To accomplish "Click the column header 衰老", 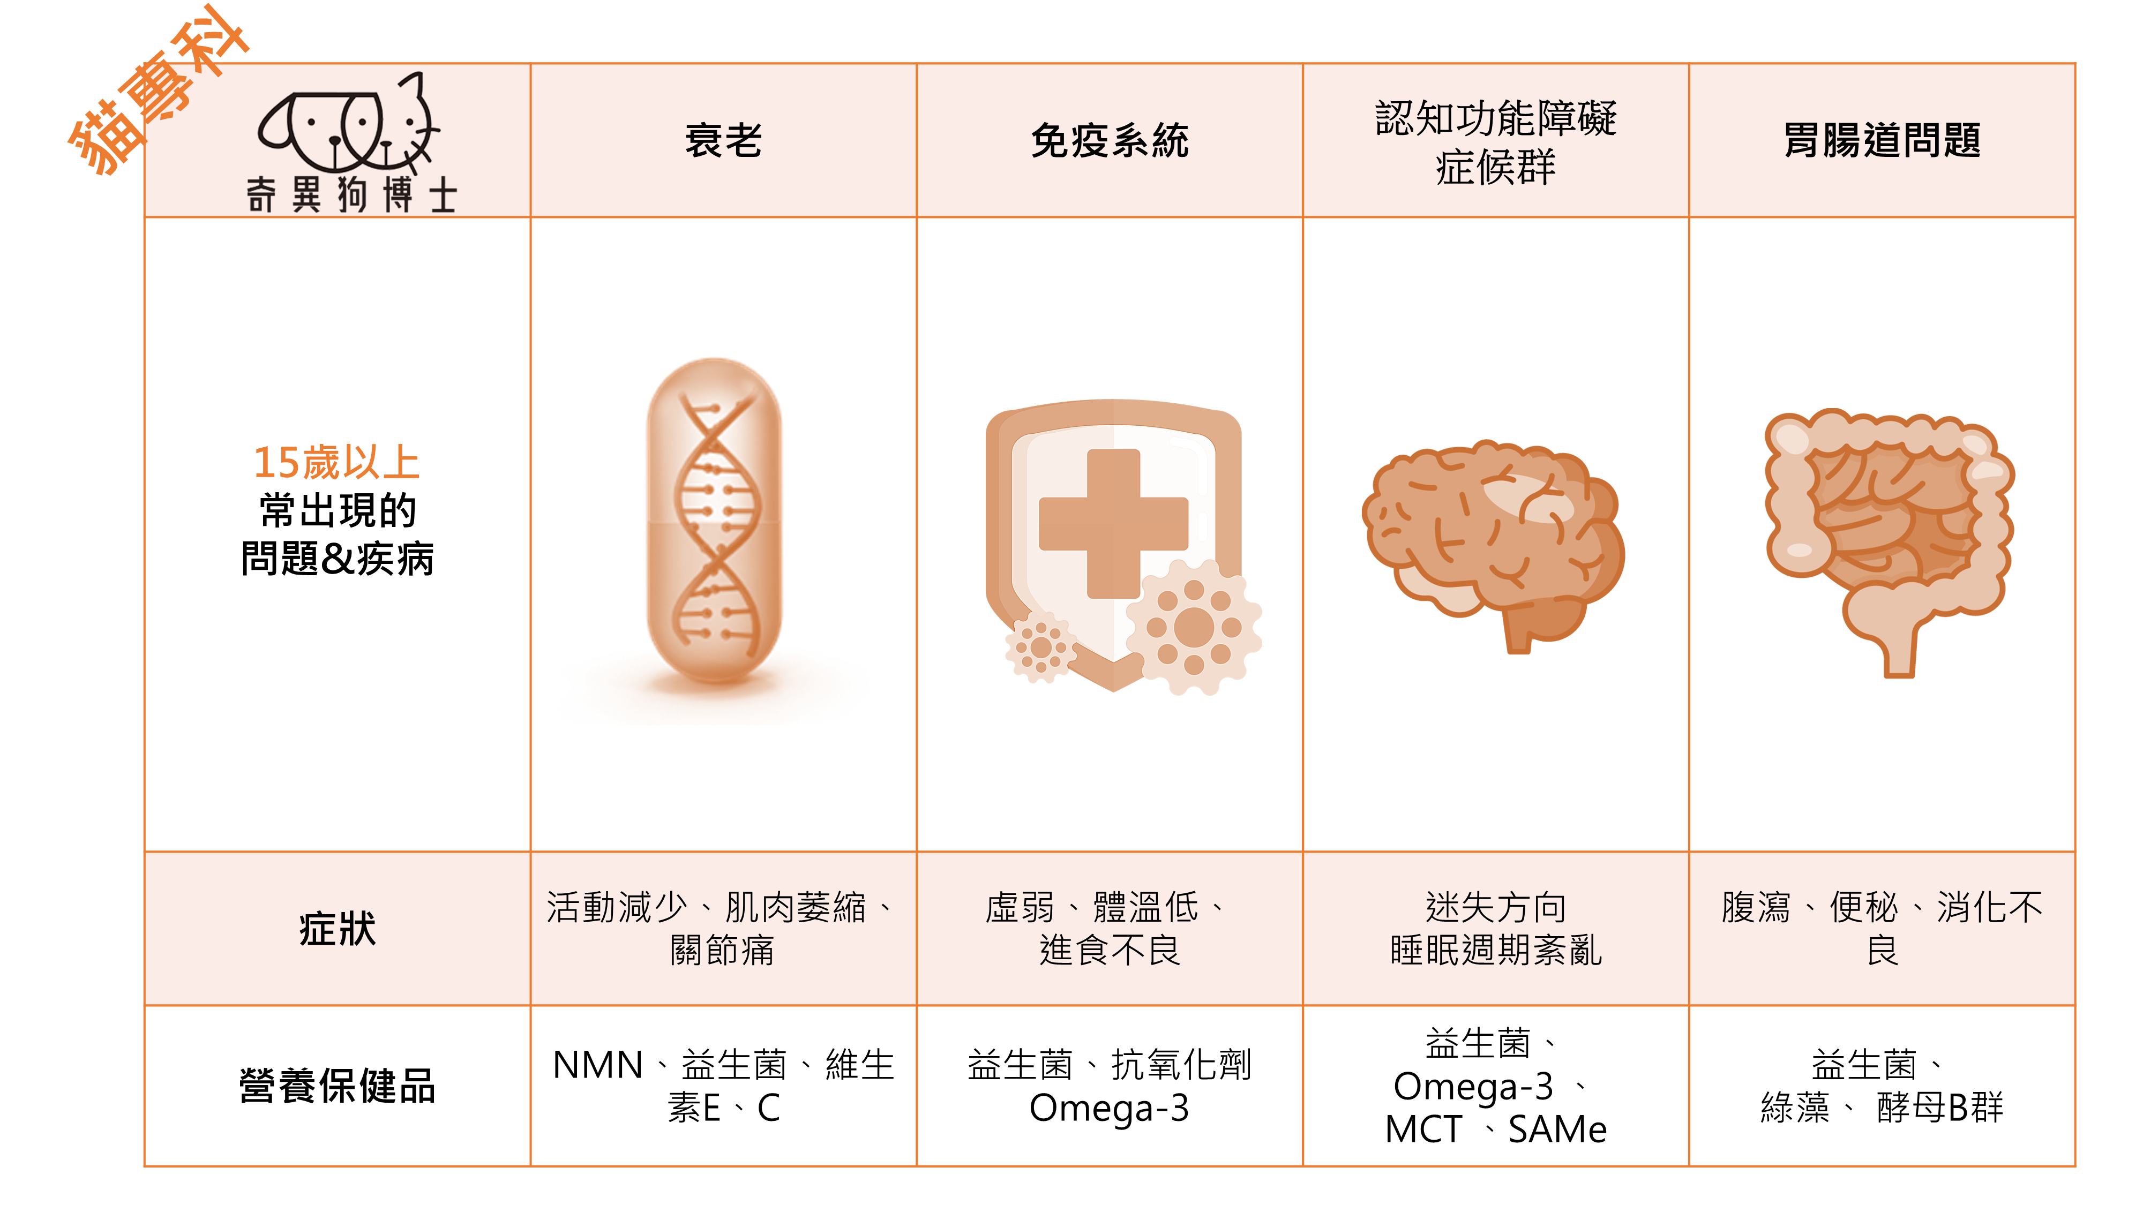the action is click(x=723, y=140).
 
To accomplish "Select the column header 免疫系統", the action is click(x=1110, y=140).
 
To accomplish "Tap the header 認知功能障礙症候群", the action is click(x=1495, y=141).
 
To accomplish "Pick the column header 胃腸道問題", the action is click(x=1882, y=140).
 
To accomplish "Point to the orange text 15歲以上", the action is click(x=336, y=462).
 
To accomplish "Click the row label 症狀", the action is click(x=337, y=928).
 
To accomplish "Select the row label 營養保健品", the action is click(x=337, y=1085).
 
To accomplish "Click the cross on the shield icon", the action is click(x=1113, y=523).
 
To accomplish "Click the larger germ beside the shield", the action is click(x=1194, y=627).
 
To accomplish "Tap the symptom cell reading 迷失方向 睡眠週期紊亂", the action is click(x=1495, y=928).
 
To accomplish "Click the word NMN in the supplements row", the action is click(x=597, y=1065).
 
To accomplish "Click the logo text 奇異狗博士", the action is click(x=351, y=195).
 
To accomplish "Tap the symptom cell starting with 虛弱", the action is click(x=1109, y=928).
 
